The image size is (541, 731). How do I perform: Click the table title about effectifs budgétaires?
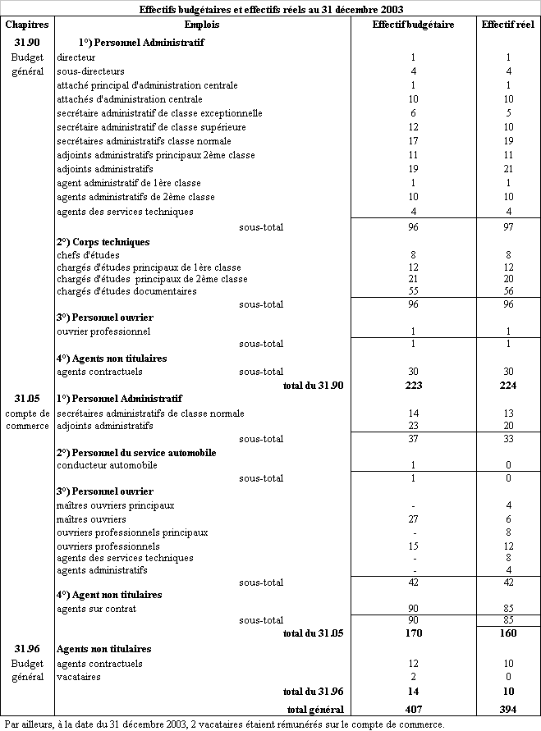pos(270,9)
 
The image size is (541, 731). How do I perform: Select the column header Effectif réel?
pos(507,25)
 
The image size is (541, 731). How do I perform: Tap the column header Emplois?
pos(201,25)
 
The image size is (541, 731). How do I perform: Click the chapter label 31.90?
pos(27,42)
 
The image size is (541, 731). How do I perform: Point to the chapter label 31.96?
pos(27,649)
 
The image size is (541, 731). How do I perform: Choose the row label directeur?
pos(76,57)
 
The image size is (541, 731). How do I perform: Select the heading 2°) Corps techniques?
pos(103,242)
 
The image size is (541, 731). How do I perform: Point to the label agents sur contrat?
pos(96,608)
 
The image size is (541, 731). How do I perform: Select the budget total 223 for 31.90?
pos(413,385)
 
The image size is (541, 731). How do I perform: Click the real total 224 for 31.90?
pos(508,385)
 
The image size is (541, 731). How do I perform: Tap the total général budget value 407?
pos(413,709)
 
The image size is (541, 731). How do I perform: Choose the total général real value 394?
pos(508,709)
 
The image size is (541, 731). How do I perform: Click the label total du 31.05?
pos(312,633)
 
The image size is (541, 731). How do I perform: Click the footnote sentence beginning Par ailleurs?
pos(223,724)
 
